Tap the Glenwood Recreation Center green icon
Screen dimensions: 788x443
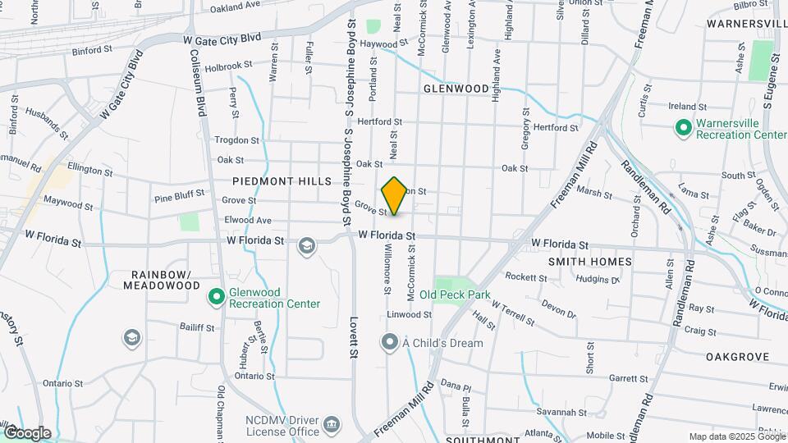[217, 295]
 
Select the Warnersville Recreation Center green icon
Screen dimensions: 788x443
[682, 128]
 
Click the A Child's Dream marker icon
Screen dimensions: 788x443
[390, 342]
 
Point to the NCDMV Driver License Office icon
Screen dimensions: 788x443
[332, 425]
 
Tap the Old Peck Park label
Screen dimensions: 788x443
[454, 295]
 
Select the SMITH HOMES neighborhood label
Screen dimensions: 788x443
[591, 262]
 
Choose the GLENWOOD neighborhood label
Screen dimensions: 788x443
[456, 88]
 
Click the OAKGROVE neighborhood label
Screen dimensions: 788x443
[737, 357]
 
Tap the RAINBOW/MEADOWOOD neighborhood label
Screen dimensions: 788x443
[162, 280]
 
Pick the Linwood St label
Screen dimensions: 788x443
[410, 314]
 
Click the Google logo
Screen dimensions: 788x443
[27, 432]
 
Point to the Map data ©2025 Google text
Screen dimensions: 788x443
[736, 436]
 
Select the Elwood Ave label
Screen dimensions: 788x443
[247, 221]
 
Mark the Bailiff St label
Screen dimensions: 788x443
[197, 327]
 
